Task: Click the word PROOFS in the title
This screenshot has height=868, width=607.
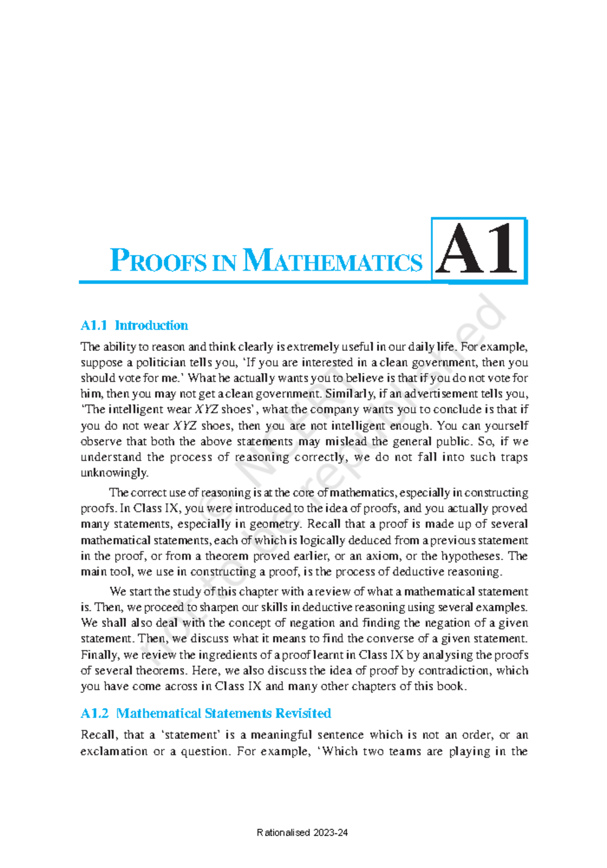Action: (x=158, y=261)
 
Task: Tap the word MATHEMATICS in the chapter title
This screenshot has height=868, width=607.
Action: (x=332, y=261)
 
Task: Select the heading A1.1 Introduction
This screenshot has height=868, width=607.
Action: (x=134, y=325)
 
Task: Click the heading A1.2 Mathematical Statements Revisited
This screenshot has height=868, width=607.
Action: (x=206, y=713)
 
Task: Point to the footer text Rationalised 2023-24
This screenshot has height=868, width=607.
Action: (x=302, y=833)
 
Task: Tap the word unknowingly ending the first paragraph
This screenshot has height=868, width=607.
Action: (x=114, y=473)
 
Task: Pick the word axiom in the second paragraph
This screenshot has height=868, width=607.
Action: (x=383, y=556)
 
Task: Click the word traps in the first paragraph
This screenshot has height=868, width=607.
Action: (x=514, y=457)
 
